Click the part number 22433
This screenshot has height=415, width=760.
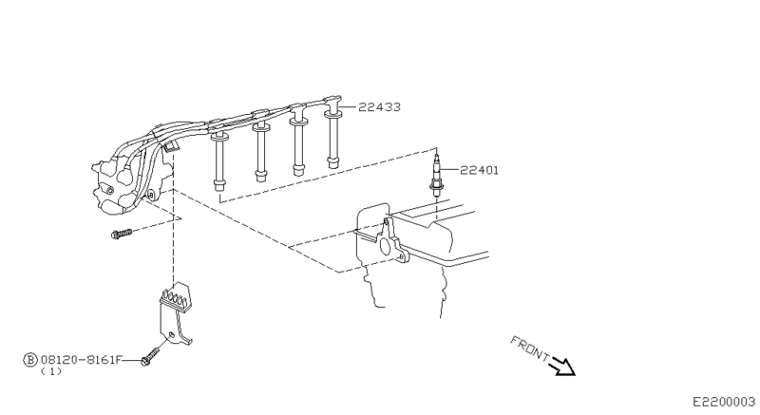(x=380, y=108)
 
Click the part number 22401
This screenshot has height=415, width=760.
(x=480, y=171)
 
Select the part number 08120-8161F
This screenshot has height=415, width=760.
(x=81, y=361)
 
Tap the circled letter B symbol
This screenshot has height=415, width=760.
(x=30, y=361)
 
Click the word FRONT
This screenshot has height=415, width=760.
(x=529, y=348)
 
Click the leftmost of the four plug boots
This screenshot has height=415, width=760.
(x=220, y=157)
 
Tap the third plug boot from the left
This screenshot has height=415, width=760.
(x=298, y=142)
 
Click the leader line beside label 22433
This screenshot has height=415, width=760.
(x=349, y=107)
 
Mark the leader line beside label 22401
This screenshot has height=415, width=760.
(x=450, y=171)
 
